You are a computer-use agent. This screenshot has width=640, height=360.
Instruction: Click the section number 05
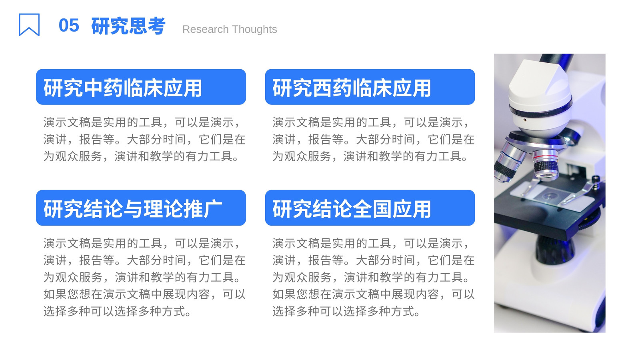coord(69,26)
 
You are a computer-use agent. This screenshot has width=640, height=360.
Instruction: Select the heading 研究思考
coord(128,26)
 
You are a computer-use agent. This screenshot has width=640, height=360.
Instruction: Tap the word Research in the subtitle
coord(206,29)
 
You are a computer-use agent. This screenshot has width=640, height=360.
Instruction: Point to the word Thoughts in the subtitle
coord(254,29)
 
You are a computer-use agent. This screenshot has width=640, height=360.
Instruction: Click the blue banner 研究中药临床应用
coord(141,87)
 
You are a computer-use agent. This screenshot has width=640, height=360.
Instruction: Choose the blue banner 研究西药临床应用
coord(370,87)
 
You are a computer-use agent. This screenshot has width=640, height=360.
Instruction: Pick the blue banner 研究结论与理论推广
coord(141,208)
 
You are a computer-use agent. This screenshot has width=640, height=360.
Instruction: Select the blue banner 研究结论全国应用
coord(370,208)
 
